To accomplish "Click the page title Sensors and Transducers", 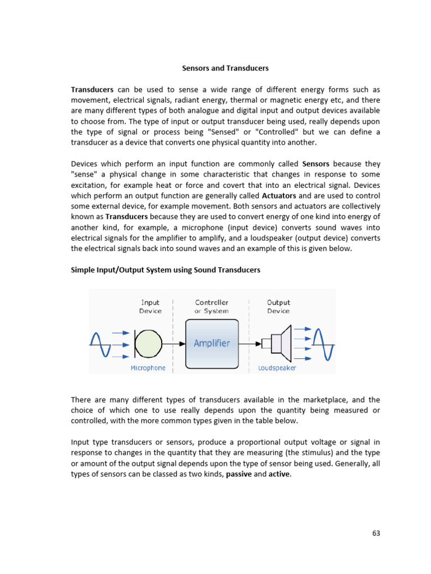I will (225, 68).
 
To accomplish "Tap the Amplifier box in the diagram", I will (212, 343).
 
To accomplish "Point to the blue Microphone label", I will (148, 368).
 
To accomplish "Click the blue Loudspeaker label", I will (277, 368).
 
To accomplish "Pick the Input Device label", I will (150, 307).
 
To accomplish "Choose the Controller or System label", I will (212, 307).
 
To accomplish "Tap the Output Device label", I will (278, 307).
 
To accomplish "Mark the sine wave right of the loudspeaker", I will (324, 343).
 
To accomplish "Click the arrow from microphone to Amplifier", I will (175, 343).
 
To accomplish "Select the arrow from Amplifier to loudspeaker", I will (251, 343).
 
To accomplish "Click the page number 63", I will (376, 533).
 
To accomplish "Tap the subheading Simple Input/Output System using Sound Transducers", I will (166, 270).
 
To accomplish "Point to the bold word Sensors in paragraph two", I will (319, 164).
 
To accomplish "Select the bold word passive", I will (239, 474).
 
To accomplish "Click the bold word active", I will (279, 474).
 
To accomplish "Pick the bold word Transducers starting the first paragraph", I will (92, 90).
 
